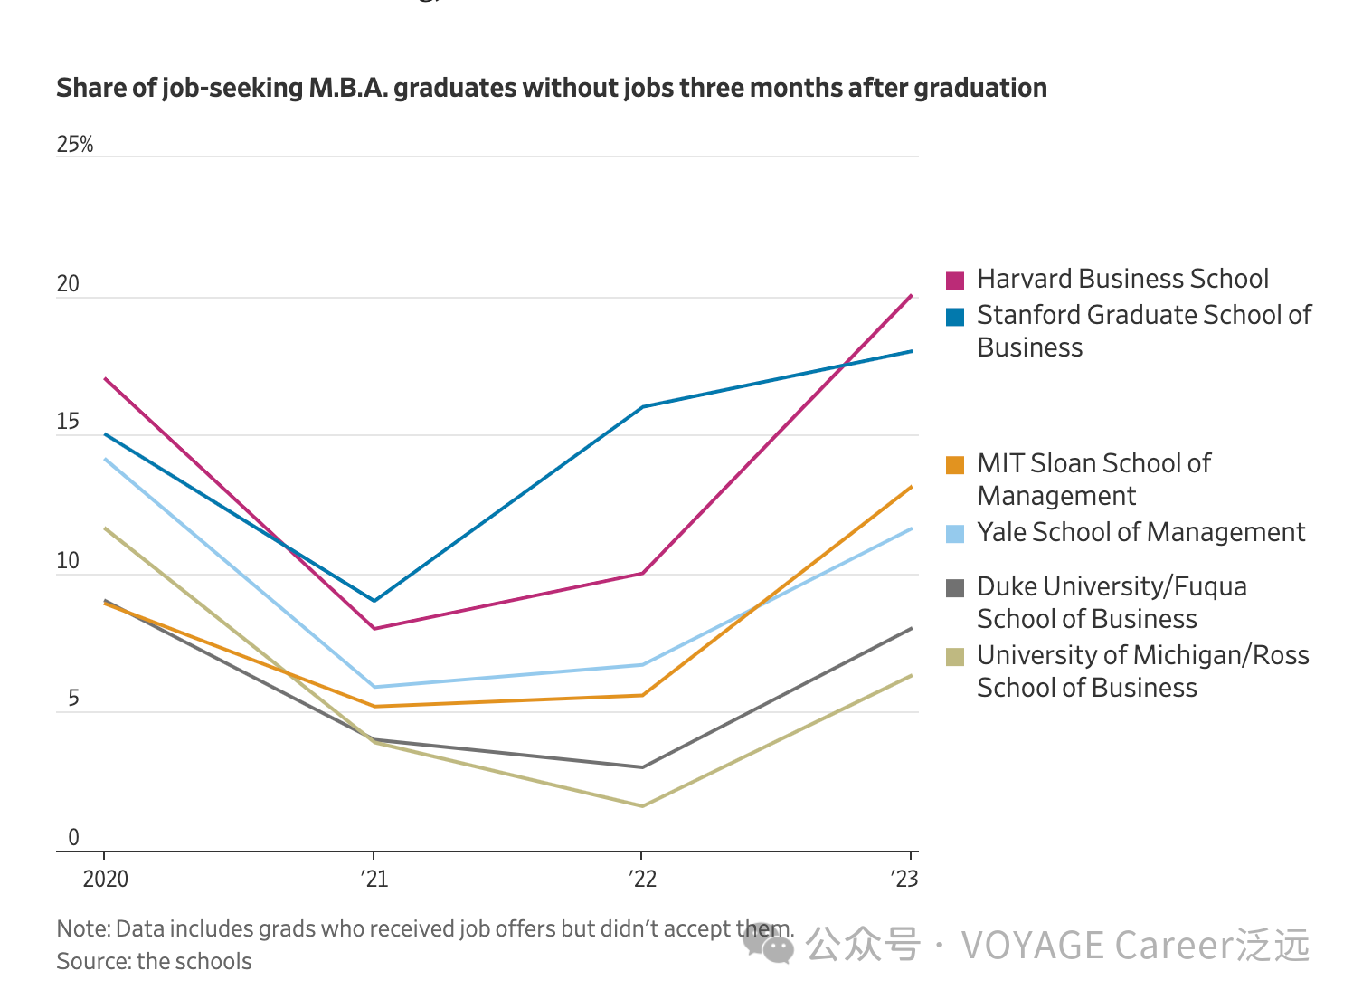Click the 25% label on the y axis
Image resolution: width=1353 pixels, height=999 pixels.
75,145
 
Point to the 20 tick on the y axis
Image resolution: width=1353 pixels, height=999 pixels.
68,284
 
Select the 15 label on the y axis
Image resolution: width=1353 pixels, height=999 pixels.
68,422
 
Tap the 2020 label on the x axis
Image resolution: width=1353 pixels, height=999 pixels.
106,879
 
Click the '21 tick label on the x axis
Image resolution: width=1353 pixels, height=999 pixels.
374,879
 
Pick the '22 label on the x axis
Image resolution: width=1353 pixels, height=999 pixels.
642,879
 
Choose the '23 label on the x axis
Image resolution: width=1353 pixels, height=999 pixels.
904,879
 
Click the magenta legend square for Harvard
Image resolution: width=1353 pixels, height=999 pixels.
955,280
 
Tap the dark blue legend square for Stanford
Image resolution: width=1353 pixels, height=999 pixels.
955,317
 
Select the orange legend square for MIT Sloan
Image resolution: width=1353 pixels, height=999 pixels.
955,465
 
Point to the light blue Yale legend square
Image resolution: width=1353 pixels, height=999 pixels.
955,534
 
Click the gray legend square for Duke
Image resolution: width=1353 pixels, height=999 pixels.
955,588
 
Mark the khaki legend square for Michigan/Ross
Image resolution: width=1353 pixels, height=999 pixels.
955,657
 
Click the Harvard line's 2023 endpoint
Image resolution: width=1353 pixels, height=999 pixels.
911,296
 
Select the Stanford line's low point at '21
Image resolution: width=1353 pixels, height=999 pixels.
374,600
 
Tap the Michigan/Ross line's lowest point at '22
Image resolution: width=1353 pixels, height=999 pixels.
642,805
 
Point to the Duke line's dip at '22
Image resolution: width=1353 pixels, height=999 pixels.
642,766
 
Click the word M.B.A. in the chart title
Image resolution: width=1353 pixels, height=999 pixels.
347,88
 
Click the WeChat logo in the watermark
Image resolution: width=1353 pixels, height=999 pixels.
769,945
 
